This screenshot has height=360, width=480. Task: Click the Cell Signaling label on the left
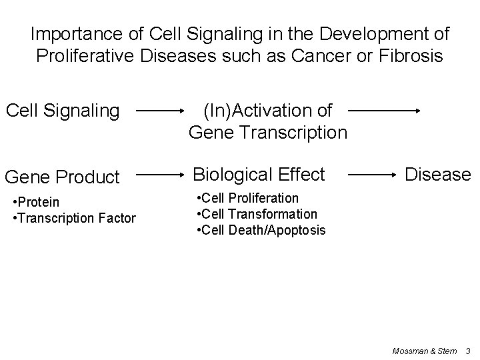point(63,111)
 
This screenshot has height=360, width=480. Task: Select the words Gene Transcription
point(268,132)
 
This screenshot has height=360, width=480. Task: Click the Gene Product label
point(62,177)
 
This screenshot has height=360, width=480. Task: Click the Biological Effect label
point(259,175)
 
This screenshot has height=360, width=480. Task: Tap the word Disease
point(438,175)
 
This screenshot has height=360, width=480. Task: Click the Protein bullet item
point(36,202)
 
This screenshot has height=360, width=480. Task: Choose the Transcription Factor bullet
point(74,218)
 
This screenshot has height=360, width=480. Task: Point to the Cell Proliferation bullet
point(247,198)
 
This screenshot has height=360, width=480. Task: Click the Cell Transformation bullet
point(257,214)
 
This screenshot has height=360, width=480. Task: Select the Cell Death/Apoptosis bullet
point(261,230)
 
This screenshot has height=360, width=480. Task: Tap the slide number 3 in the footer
point(468,350)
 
